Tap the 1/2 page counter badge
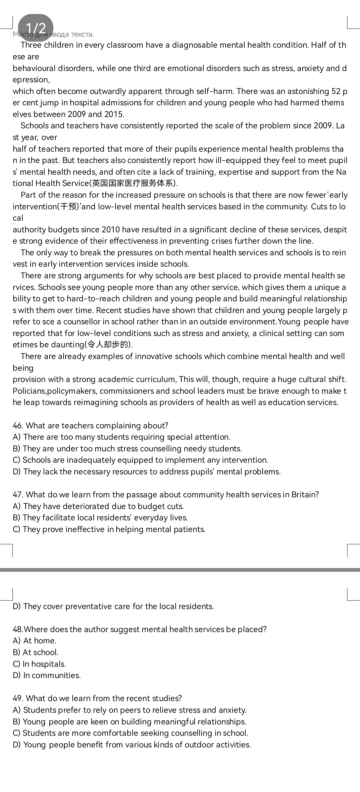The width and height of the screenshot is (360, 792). coord(36,28)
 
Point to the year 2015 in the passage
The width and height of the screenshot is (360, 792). coord(113,114)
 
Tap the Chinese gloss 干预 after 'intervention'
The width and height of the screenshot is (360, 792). coord(68,207)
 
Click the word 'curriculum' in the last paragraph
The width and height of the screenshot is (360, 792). coord(156,379)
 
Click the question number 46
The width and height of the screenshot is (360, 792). coord(18,426)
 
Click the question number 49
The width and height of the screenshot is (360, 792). coord(18,698)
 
